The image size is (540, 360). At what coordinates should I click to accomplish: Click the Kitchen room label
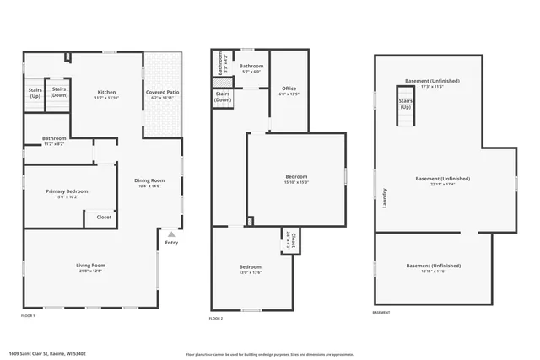pos(106,92)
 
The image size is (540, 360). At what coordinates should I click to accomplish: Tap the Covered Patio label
pos(161,92)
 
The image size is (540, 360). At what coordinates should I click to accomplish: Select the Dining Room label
pos(149,180)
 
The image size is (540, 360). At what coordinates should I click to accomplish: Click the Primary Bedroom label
pos(67,191)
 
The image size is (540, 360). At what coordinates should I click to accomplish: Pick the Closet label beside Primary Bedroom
pos(104,217)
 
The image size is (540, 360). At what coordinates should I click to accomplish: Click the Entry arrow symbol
pos(171,235)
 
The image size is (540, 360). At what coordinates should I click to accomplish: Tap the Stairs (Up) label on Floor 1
pos(35,93)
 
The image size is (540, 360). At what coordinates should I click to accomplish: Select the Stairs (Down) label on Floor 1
pos(59,92)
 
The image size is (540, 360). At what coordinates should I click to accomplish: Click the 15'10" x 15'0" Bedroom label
pos(296,177)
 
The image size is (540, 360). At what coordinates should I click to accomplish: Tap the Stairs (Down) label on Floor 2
pos(223,97)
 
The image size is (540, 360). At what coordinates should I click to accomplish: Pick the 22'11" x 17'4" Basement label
pos(442,180)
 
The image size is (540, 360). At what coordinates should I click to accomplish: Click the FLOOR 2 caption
pos(217,318)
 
